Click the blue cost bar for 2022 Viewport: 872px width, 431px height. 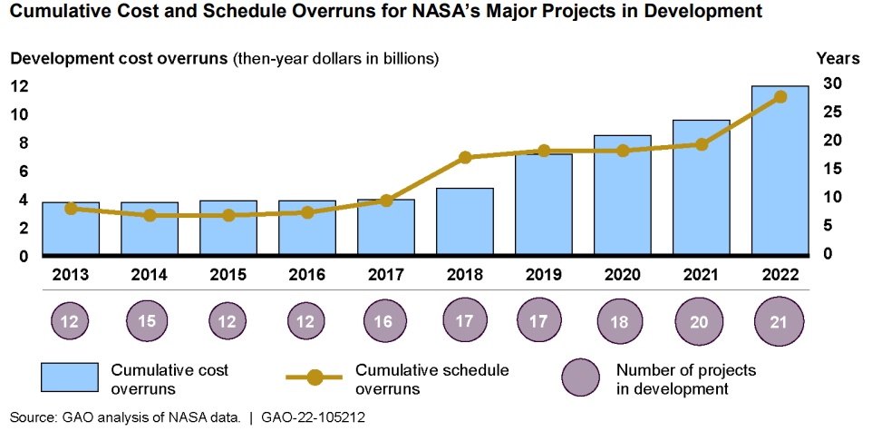pos(780,171)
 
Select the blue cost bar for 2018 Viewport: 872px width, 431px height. pos(465,221)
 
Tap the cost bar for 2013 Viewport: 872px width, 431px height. pos(71,229)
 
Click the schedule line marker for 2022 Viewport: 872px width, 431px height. pos(780,96)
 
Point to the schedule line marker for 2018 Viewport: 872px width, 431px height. pos(465,157)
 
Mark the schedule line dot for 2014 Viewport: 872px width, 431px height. pos(150,215)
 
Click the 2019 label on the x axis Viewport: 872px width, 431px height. pos(544,275)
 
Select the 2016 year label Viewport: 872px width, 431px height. pos(307,275)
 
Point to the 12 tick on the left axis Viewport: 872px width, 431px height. pos(19,85)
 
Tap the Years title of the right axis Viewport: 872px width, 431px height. pos(838,59)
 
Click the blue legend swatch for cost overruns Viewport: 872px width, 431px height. pos(69,378)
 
